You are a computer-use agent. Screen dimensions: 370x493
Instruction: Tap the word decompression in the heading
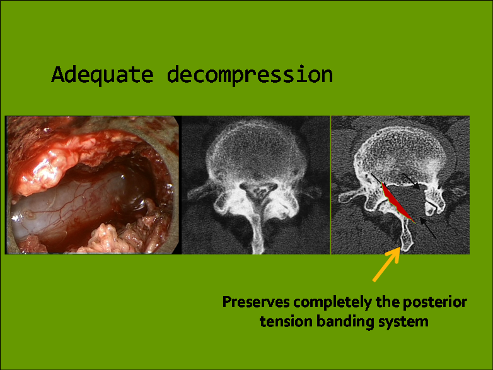pyautogui.click(x=250, y=75)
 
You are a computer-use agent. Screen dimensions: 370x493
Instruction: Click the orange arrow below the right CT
pyautogui.click(x=386, y=264)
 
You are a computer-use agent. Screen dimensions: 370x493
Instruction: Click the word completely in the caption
pyautogui.click(x=326, y=302)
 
